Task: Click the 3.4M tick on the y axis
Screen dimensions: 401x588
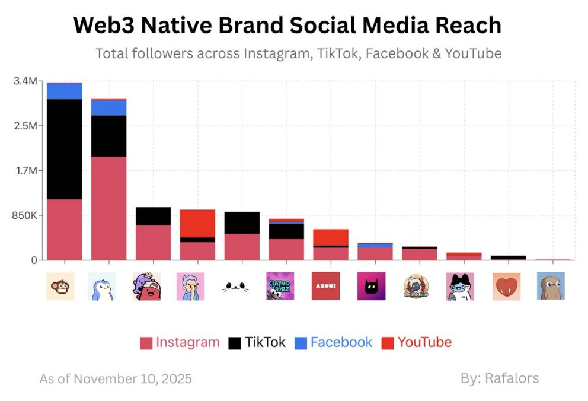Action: [x=25, y=81]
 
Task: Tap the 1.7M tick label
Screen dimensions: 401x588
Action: [x=25, y=170]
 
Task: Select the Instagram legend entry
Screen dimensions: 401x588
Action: [x=180, y=342]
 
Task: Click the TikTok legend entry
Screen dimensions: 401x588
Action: [x=257, y=342]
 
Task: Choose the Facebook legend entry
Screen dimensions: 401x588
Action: [x=334, y=342]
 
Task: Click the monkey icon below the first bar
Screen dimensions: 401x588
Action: [x=60, y=286]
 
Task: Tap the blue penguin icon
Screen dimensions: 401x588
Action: [x=101, y=286]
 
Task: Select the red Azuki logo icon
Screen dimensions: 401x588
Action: [x=325, y=286]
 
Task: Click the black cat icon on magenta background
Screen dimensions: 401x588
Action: [x=371, y=286]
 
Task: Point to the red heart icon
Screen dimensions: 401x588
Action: [x=506, y=286]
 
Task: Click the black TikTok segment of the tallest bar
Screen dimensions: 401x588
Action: [x=64, y=148]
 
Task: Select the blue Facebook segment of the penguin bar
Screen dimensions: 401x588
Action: [x=108, y=107]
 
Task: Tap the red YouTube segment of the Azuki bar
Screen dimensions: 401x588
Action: [x=331, y=237]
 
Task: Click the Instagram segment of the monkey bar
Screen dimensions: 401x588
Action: [x=64, y=229]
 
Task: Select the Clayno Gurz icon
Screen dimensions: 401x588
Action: [x=280, y=286]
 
